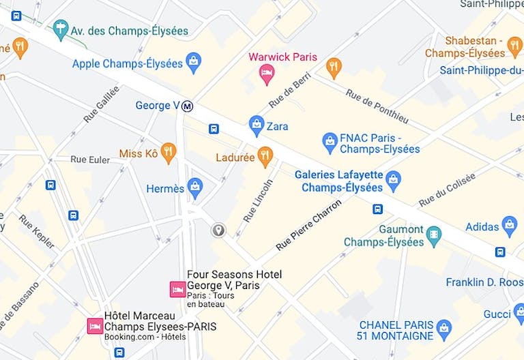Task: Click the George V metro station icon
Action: pos(188,106)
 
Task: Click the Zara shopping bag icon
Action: pos(257,125)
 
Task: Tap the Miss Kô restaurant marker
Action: pos(168,153)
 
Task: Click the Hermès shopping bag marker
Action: pos(195,187)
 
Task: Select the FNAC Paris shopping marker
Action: pos(330,142)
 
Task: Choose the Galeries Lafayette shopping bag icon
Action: pos(393,180)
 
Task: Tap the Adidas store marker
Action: pos(509,225)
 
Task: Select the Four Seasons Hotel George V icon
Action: pos(177,290)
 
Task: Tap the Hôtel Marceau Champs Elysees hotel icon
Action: pos(95,326)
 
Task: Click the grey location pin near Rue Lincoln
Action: pos(218,230)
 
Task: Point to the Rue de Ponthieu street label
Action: pos(376,106)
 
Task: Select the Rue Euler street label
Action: pos(90,160)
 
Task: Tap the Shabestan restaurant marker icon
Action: pos(515,47)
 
